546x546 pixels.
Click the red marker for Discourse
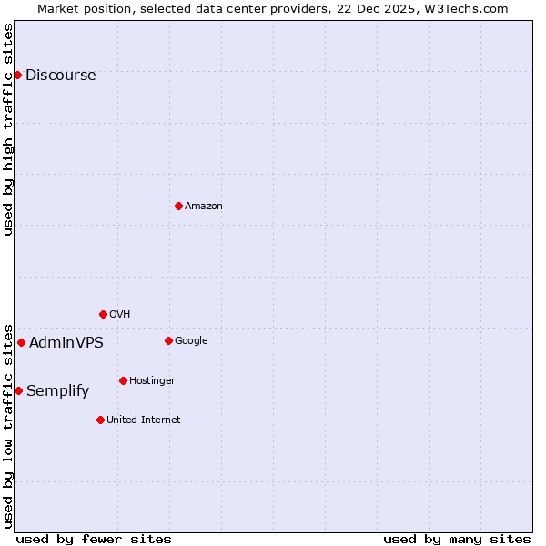point(18,75)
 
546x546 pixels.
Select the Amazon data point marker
point(178,206)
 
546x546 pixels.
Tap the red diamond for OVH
point(103,314)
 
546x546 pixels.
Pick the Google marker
point(168,340)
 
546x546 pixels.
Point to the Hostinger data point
point(123,380)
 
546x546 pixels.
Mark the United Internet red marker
point(100,420)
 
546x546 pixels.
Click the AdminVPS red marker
point(21,342)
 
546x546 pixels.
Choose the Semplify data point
point(18,390)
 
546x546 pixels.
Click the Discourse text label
point(60,76)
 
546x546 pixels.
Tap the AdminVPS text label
point(66,343)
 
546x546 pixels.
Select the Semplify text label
point(57,391)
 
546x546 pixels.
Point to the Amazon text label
point(203,207)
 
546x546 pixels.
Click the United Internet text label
point(143,420)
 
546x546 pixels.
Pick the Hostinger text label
point(152,380)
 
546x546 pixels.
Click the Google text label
point(191,341)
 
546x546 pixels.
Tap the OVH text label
point(119,315)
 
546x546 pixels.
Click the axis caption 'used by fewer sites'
point(94,539)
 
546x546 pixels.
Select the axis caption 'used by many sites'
point(457,539)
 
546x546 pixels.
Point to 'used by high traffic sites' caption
point(8,129)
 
